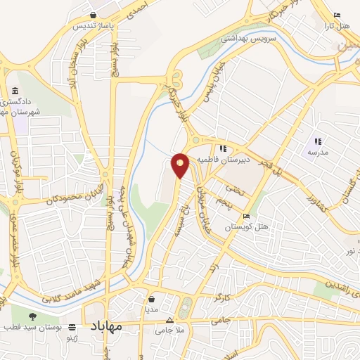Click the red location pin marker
point(181,165)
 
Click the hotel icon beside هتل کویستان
point(245,216)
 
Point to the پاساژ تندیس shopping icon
point(93,15)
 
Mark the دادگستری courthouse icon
point(15,91)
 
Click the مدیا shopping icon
point(151,298)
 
